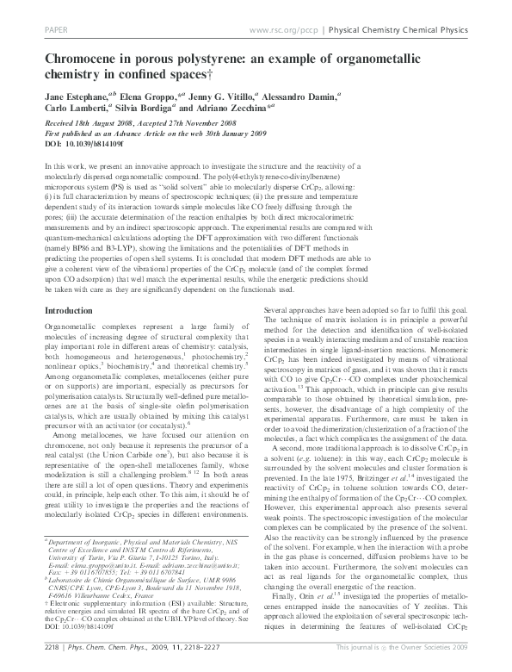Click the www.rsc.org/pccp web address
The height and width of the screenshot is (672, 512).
tap(278, 28)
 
